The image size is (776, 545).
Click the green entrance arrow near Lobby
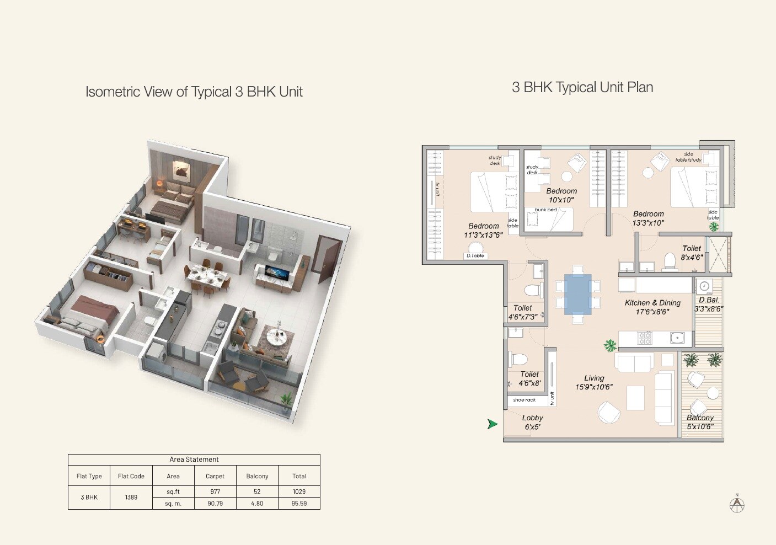(492, 424)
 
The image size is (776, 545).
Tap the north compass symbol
(737, 504)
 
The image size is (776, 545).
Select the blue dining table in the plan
(577, 294)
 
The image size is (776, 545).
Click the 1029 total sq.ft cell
(299, 491)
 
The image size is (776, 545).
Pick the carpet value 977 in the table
(215, 491)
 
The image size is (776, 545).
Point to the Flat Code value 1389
(131, 497)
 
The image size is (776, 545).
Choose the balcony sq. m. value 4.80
(257, 504)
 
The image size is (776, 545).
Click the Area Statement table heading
(194, 459)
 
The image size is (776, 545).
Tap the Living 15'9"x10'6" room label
(593, 382)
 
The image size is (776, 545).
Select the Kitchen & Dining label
(652, 307)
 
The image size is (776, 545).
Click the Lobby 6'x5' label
(532, 422)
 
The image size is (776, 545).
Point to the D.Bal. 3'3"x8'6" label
(709, 304)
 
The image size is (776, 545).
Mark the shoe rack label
(524, 400)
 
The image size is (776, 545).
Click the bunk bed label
(545, 210)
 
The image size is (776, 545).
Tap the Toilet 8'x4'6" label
(692, 253)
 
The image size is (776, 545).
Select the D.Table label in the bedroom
(475, 256)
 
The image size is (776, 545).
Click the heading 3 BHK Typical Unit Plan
(582, 87)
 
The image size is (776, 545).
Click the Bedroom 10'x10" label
(561, 195)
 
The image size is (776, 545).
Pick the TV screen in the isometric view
(274, 271)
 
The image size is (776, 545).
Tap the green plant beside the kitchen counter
(610, 346)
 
